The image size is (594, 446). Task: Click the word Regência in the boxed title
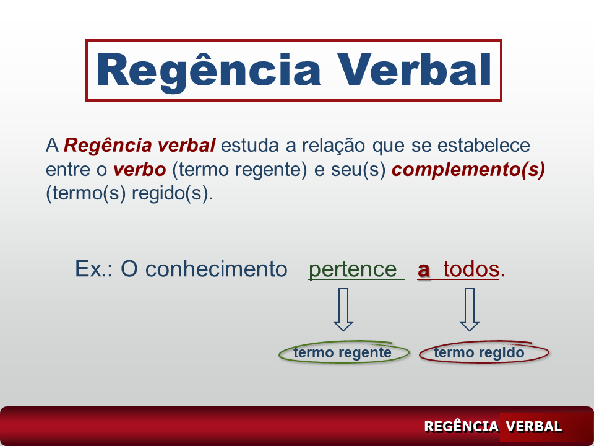coord(209,71)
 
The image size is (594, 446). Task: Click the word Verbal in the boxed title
coord(415,69)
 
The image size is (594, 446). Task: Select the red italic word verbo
coord(139,170)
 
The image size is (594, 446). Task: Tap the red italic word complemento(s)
coord(468,170)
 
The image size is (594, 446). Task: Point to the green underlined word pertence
coord(353,269)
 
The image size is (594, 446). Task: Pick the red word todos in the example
coord(471,269)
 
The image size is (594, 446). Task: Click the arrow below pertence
coord(343,310)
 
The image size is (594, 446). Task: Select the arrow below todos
coord(470,310)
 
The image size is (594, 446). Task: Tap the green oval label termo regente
coord(344,352)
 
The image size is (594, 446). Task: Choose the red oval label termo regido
coord(484,352)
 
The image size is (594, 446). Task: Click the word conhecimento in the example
coord(217,269)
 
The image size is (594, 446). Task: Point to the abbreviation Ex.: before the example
coord(93,269)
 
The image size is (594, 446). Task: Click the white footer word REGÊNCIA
coord(461,426)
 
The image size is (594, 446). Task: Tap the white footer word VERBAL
coord(533,426)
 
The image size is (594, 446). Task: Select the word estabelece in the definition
coord(483,145)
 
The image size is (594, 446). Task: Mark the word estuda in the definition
coord(249,145)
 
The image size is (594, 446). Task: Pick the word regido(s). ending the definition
coord(173,193)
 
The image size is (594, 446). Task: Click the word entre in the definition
coord(68,170)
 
